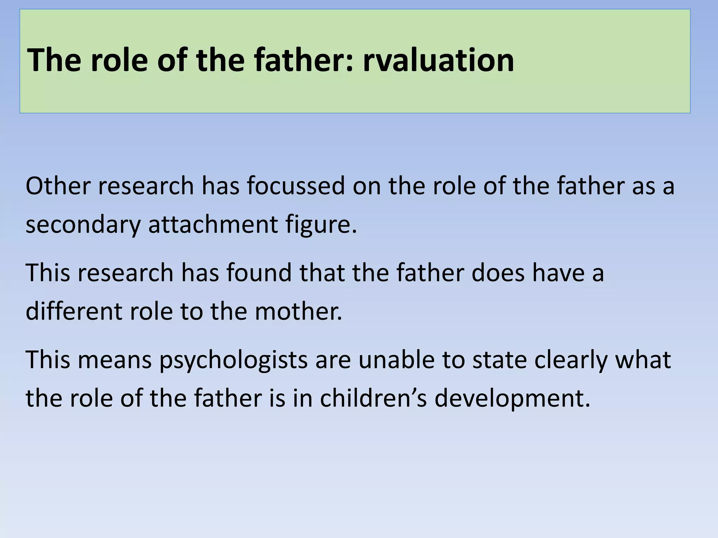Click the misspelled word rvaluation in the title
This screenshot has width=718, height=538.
coord(438,60)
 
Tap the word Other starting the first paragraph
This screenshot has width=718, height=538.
coord(58,186)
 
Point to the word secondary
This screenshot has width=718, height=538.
coord(83,225)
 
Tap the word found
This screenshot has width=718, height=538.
coord(259,273)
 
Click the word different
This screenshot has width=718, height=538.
coord(74,311)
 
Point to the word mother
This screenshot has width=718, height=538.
coord(298,311)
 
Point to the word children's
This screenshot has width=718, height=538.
coord(373,398)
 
